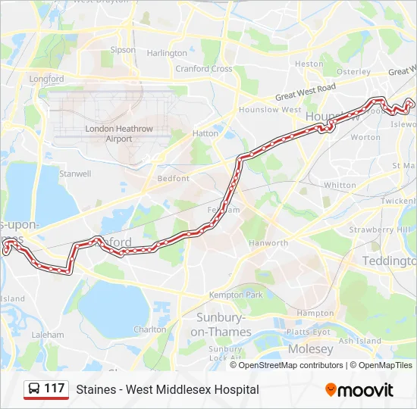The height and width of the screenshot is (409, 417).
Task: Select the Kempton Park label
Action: tap(236, 295)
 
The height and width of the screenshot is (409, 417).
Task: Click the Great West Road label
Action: tap(306, 92)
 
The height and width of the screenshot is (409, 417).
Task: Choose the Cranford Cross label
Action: tap(204, 69)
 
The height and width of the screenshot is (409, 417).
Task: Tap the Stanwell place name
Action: tap(75, 173)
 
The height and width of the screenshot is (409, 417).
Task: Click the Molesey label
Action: tap(309, 349)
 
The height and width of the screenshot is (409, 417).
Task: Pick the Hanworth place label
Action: tap(268, 243)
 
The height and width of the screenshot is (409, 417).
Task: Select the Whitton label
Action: tap(339, 185)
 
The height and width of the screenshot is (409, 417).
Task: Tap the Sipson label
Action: tap(123, 50)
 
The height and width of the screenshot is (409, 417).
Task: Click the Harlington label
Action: tap(167, 53)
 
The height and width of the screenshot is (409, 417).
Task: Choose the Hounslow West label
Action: tap(270, 110)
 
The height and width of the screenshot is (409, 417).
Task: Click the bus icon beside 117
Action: tap(34, 389)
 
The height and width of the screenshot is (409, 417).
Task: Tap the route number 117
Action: tap(55, 389)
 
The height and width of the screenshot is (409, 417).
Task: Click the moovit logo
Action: tap(359, 390)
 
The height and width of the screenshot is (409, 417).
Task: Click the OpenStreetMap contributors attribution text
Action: tap(290, 365)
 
